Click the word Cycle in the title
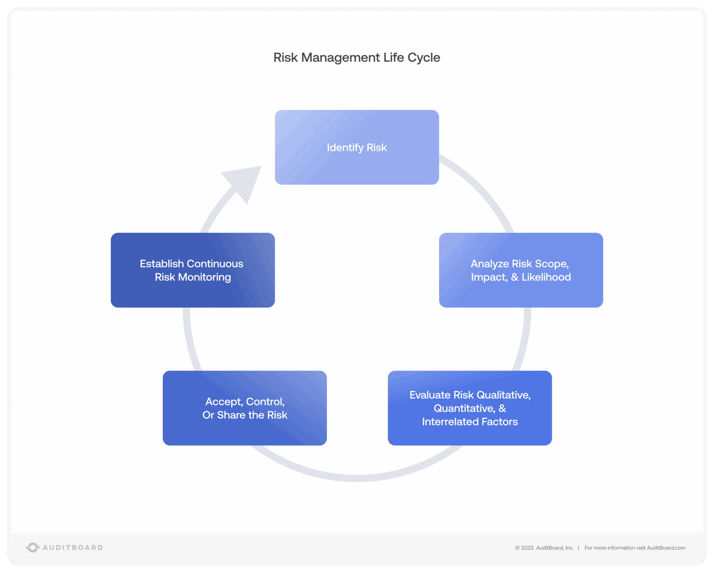click(424, 57)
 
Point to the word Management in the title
click(340, 57)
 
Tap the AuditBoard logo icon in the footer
click(33, 548)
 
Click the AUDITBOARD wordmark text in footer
click(73, 548)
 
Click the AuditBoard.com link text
click(666, 548)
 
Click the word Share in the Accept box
click(231, 415)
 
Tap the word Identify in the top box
click(345, 148)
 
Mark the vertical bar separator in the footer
click(579, 548)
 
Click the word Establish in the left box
click(162, 264)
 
